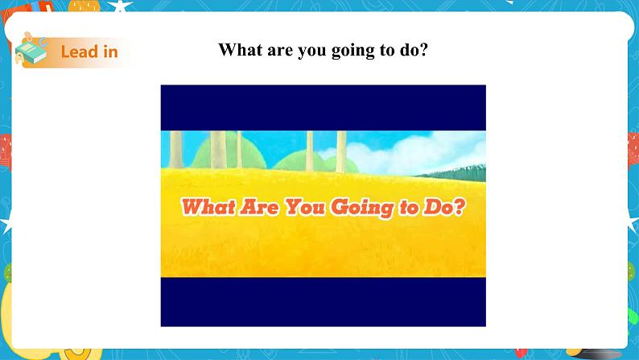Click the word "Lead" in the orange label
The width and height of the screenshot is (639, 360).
[x=77, y=52]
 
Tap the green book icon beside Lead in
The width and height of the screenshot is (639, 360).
[x=33, y=52]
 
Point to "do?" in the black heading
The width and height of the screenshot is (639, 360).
[x=413, y=50]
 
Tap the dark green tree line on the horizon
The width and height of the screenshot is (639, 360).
[x=463, y=172]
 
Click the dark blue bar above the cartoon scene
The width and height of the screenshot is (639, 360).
[x=323, y=107]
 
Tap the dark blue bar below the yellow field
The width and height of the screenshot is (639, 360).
[x=323, y=302]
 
